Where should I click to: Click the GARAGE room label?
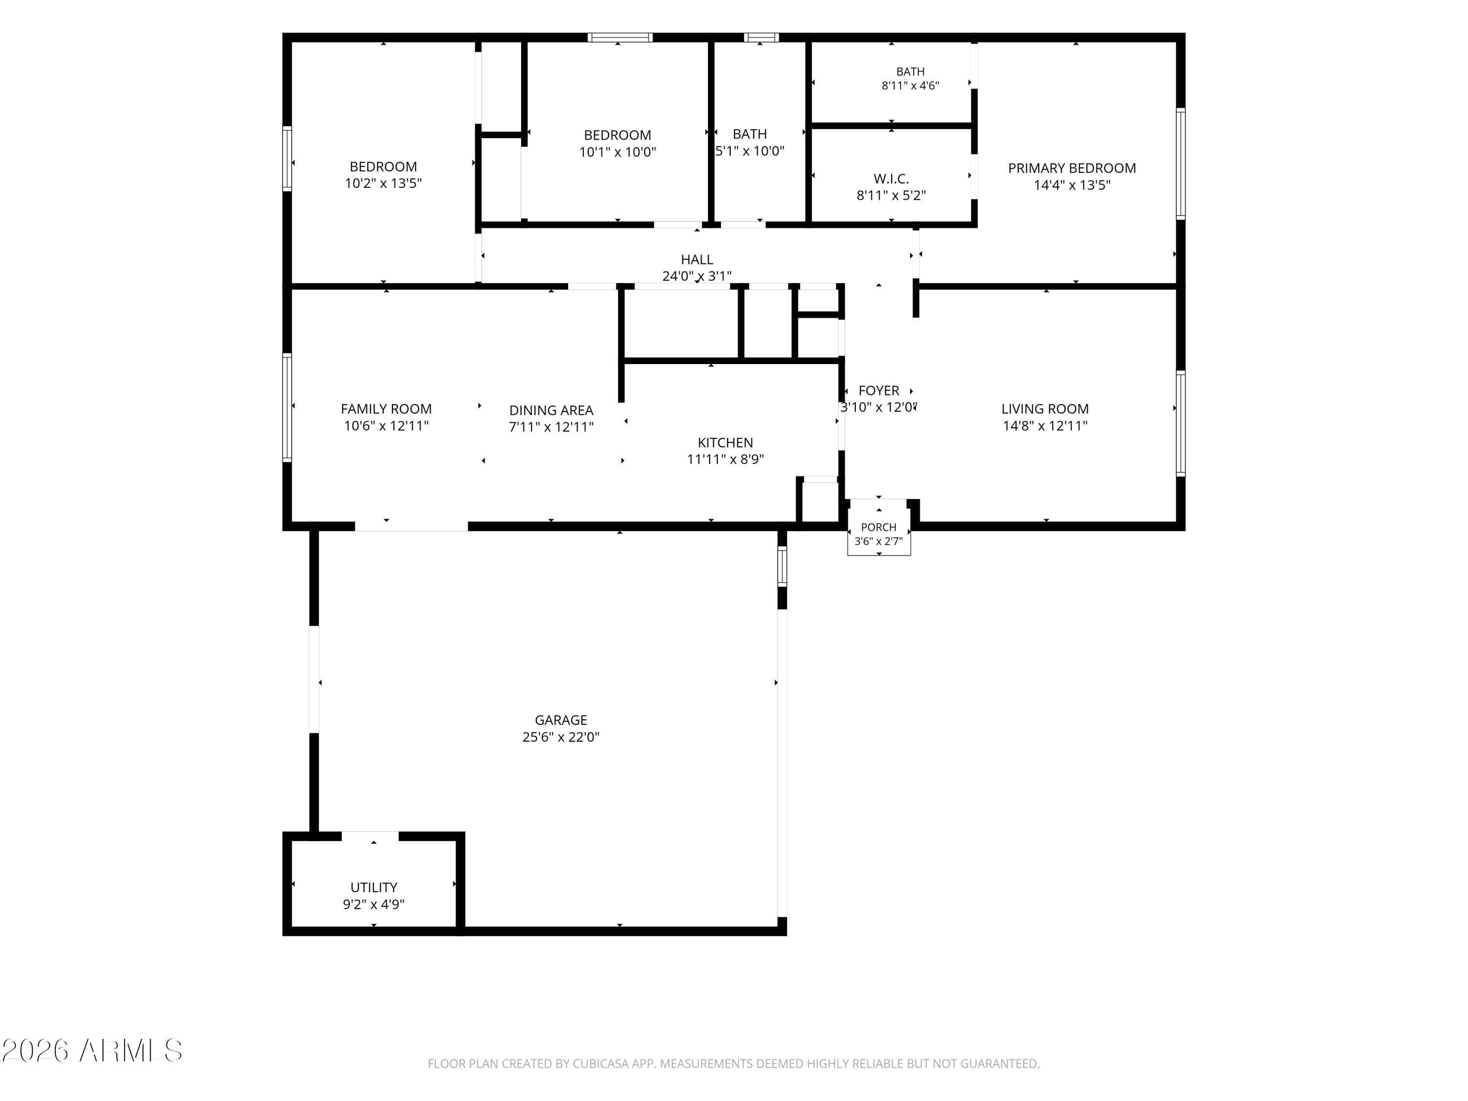pyautogui.click(x=561, y=720)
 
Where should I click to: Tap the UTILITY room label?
pyautogui.click(x=374, y=887)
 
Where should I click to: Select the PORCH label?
pyautogui.click(x=879, y=527)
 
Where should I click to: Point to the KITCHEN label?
pyautogui.click(x=725, y=443)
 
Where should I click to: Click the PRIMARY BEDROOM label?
pyautogui.click(x=1072, y=168)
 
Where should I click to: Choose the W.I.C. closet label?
pyautogui.click(x=891, y=179)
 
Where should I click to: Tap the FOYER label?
pyautogui.click(x=879, y=391)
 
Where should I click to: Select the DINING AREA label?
pyautogui.click(x=551, y=411)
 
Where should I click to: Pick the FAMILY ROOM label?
pyautogui.click(x=386, y=410)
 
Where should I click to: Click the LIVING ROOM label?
pyautogui.click(x=1045, y=410)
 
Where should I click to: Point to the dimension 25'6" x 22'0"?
pyautogui.click(x=561, y=736)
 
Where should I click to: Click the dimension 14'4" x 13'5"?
pyautogui.click(x=1072, y=185)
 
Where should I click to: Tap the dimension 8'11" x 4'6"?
pyautogui.click(x=911, y=86)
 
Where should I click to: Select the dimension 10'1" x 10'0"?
pyautogui.click(x=618, y=152)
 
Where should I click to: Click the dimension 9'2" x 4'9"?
pyautogui.click(x=374, y=904)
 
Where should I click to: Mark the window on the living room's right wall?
pyautogui.click(x=1181, y=423)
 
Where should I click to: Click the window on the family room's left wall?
pyautogui.click(x=287, y=408)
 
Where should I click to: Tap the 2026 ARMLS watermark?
pyautogui.click(x=92, y=1051)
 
